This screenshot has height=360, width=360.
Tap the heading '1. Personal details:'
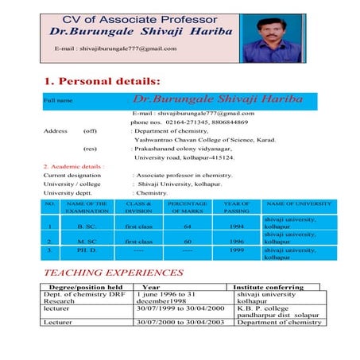[101, 82]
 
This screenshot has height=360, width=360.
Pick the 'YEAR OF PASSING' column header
[236, 208]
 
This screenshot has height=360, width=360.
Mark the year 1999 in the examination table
[236, 251]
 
